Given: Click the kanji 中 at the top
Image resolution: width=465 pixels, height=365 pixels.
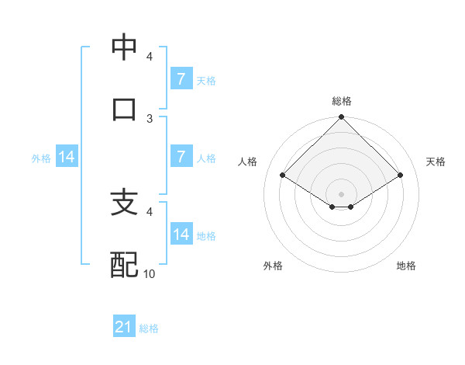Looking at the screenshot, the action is click(x=124, y=48).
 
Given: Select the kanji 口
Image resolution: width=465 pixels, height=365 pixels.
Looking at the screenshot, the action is click(x=124, y=109).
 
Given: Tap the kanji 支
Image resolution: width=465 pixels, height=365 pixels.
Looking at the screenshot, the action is click(x=124, y=203).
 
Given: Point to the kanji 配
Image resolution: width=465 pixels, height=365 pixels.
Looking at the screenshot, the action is click(x=124, y=265).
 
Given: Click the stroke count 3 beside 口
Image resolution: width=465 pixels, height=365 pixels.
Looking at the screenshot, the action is click(x=150, y=118).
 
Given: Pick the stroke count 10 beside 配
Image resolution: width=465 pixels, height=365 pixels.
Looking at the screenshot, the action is click(x=150, y=274).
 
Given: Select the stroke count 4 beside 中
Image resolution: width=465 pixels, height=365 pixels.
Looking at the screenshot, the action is click(x=150, y=57).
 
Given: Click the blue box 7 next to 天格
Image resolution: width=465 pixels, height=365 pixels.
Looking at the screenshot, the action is click(x=181, y=79).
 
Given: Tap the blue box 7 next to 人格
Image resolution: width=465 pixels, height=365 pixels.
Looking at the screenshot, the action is click(x=181, y=157).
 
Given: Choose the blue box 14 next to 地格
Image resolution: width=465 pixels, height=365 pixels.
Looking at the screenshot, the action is click(x=181, y=235).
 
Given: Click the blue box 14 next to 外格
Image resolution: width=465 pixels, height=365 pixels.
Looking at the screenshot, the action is click(x=67, y=158).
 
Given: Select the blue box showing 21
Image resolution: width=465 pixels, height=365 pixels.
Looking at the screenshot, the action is click(x=124, y=328).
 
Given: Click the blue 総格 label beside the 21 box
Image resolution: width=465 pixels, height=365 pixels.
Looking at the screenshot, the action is click(x=149, y=328).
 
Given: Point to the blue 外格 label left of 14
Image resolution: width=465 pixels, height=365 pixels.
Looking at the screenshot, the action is click(x=41, y=158).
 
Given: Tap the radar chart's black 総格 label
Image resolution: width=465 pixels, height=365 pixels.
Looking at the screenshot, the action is click(x=342, y=101).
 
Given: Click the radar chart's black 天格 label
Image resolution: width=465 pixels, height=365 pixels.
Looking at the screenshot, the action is click(x=436, y=162).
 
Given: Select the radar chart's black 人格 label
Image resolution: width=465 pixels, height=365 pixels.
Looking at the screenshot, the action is click(x=248, y=162).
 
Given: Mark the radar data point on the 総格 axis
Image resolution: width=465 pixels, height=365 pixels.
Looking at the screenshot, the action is click(x=342, y=118).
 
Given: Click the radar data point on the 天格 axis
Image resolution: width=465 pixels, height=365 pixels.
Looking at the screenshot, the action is click(x=400, y=175).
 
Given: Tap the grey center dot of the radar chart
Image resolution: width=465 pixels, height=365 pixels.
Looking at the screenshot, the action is click(x=342, y=193).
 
